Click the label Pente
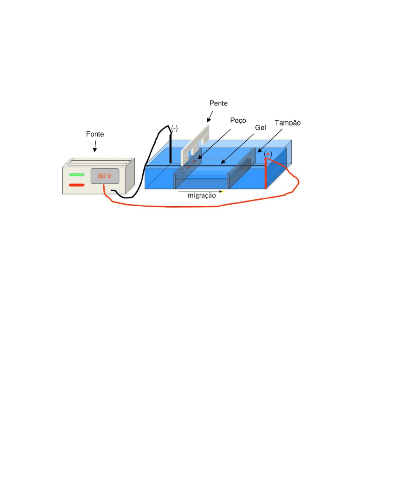point(218,103)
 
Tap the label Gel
point(261,128)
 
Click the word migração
point(201,196)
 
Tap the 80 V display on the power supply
point(105,176)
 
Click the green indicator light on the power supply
point(77,175)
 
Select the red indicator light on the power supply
point(77,185)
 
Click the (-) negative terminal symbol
point(174,129)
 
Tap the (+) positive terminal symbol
point(268,154)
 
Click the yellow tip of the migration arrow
point(223,192)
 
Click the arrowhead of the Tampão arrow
point(258,151)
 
